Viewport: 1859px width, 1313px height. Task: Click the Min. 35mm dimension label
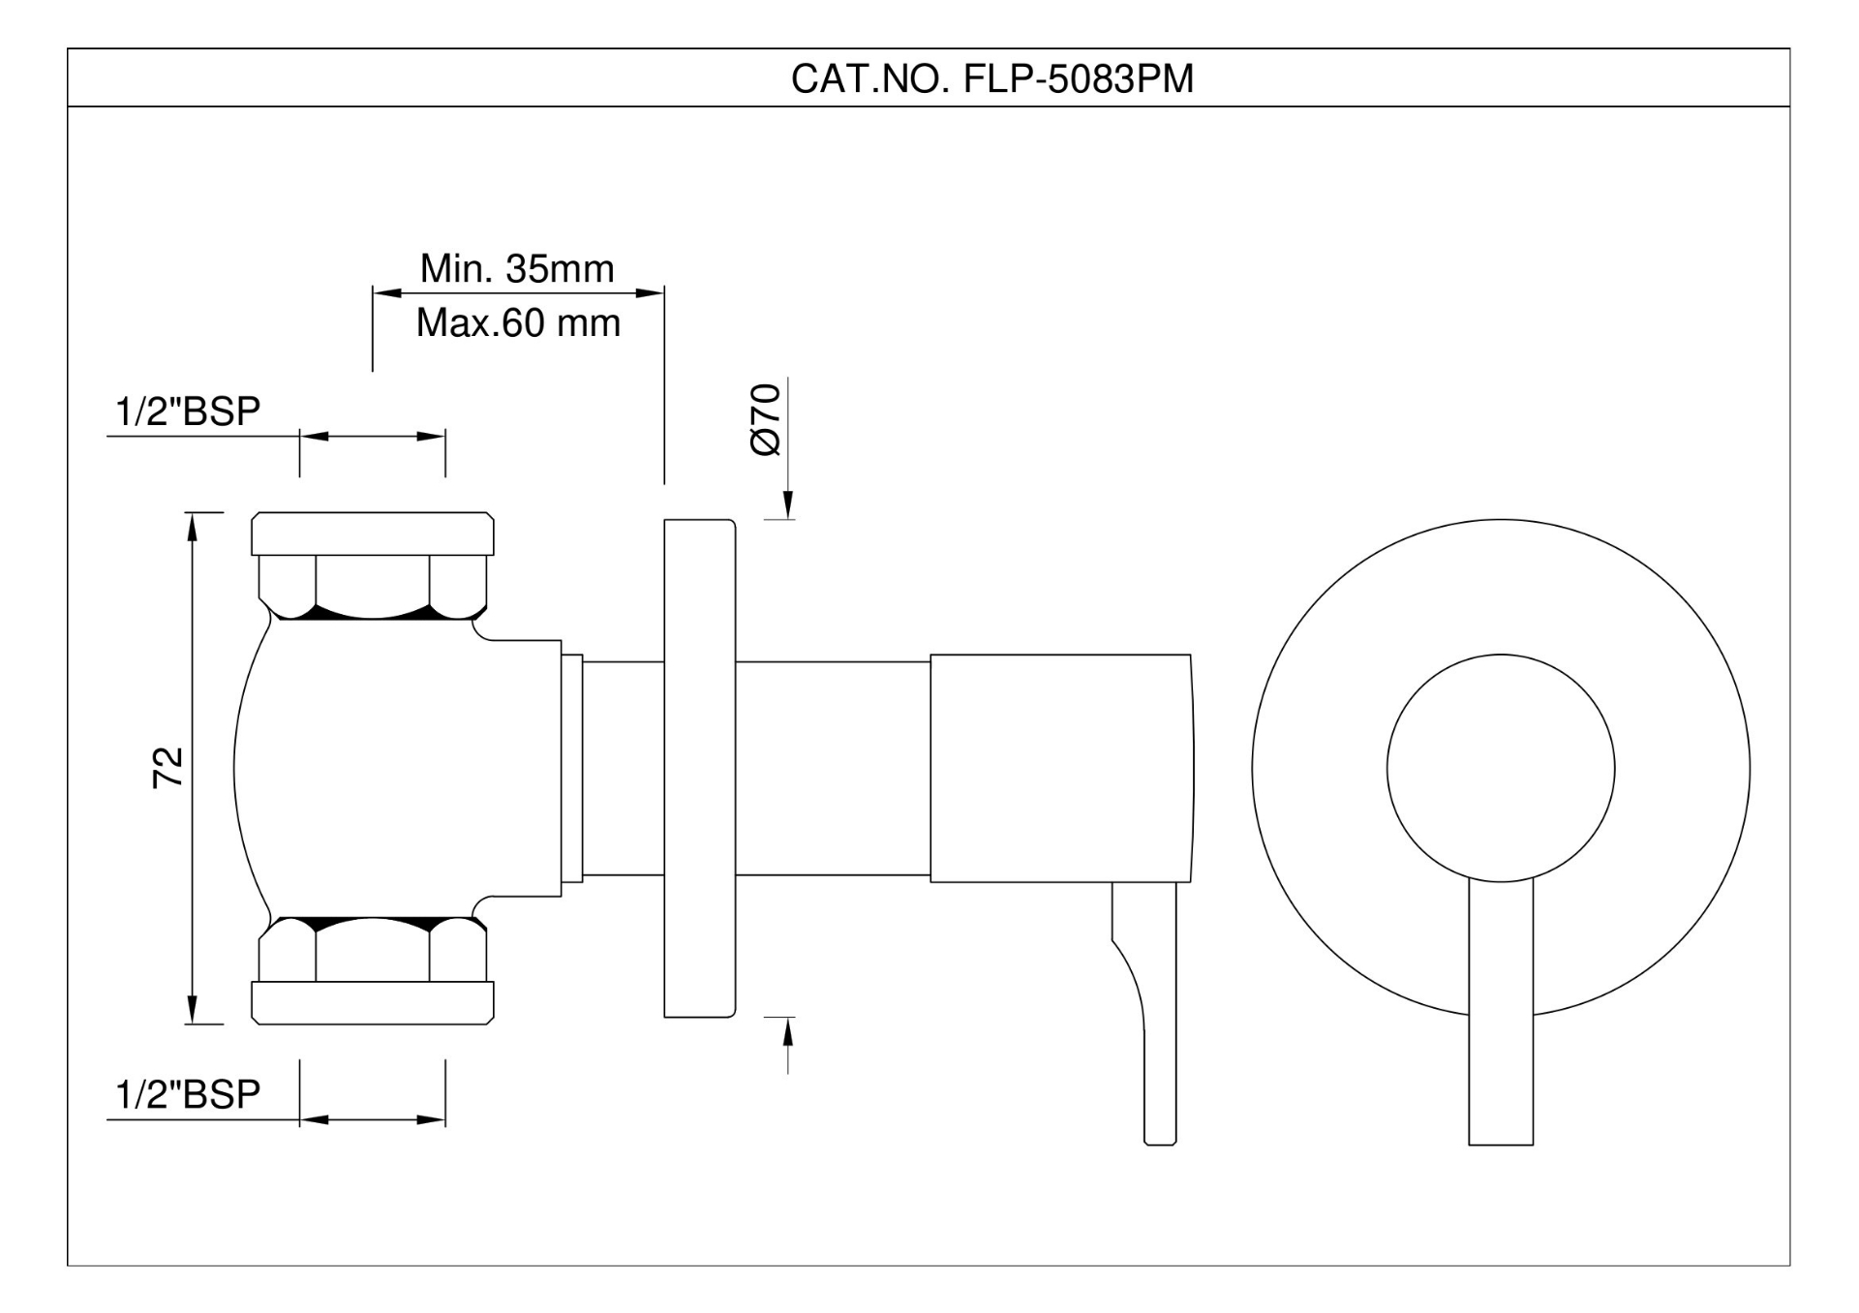tap(517, 269)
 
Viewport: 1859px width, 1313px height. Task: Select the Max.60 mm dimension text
tap(518, 323)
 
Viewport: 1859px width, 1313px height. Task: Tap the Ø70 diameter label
tap(766, 419)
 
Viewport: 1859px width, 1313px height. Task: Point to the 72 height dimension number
tap(168, 768)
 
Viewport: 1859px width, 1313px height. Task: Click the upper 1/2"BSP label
tap(188, 412)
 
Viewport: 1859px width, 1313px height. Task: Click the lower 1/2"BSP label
tap(188, 1095)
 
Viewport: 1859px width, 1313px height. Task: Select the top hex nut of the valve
tap(373, 587)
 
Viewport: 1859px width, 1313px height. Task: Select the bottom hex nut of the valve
tap(373, 950)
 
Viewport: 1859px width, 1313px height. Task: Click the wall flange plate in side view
tap(699, 768)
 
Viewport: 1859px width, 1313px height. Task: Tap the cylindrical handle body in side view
tap(1060, 768)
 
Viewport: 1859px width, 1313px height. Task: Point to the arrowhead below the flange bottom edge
tap(788, 1032)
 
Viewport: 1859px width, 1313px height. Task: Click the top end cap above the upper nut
tap(373, 534)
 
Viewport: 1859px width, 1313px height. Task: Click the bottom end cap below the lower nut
tap(373, 1003)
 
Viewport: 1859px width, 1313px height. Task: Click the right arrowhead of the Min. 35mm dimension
tap(650, 292)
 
